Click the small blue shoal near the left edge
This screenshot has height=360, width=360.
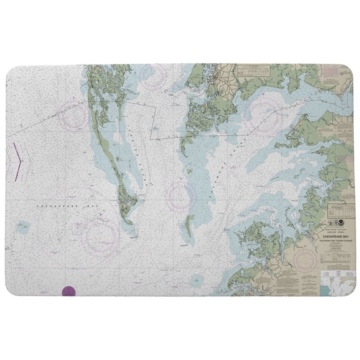23,227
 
